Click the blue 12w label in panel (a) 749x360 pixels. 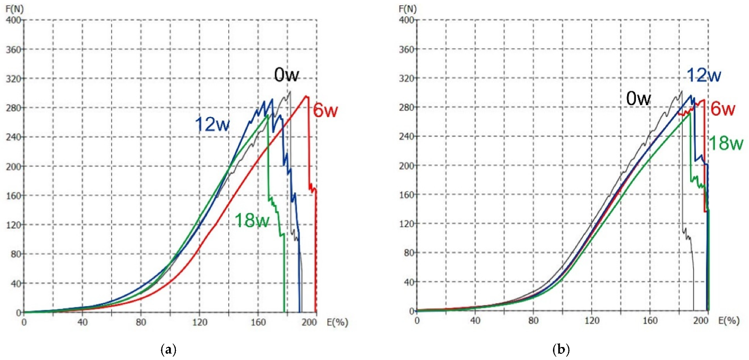click(212, 125)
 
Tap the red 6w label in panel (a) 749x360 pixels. click(326, 110)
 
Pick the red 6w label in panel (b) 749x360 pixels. click(722, 109)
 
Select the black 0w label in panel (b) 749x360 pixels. click(639, 99)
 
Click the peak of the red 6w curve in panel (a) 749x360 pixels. click(305, 96)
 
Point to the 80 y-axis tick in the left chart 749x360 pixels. click(12, 254)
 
